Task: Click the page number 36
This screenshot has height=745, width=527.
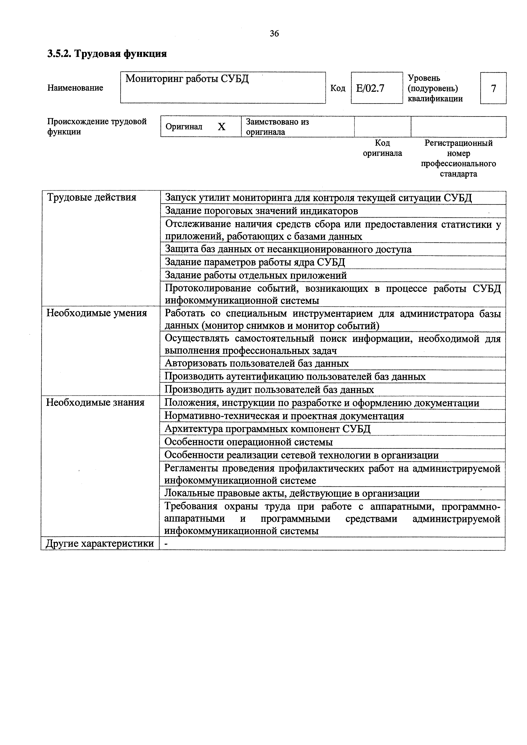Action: (x=274, y=33)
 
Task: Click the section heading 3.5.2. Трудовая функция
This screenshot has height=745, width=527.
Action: (x=107, y=54)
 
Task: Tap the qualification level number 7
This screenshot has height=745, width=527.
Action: (x=493, y=88)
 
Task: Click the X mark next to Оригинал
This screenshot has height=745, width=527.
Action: (x=221, y=127)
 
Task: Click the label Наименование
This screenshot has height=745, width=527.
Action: (x=75, y=88)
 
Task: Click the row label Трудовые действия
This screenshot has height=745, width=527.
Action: (x=92, y=197)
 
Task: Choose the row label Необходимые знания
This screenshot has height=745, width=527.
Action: (x=95, y=403)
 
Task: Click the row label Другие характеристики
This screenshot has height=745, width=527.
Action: (x=100, y=543)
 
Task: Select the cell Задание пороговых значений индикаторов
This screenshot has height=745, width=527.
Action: (x=261, y=211)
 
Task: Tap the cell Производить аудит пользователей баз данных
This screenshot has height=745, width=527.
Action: (x=269, y=390)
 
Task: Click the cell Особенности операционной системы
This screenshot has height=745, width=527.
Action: (x=248, y=442)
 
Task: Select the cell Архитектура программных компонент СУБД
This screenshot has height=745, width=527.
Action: (x=267, y=429)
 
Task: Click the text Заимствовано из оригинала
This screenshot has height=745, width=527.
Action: (x=277, y=127)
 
